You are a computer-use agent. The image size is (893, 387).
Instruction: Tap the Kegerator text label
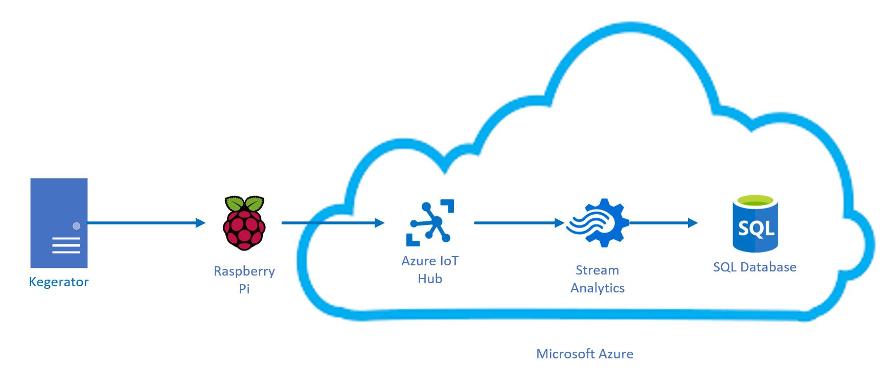coord(59,282)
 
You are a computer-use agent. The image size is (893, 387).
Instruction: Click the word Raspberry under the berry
coord(244,271)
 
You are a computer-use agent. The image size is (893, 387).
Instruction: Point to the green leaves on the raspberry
coord(244,203)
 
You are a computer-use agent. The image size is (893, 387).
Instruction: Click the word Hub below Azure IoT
coord(430,279)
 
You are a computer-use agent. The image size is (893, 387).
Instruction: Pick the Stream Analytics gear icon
coord(598,223)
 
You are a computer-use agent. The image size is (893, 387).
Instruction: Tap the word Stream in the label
coord(597,270)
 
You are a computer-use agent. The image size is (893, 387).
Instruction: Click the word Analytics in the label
coord(598,288)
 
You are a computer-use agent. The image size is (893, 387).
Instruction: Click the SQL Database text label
coord(754,267)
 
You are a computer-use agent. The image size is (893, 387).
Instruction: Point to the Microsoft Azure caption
coord(585,354)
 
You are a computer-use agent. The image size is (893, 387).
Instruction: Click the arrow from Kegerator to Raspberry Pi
coord(146,223)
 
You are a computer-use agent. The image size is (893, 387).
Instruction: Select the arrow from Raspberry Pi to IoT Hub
coord(332,223)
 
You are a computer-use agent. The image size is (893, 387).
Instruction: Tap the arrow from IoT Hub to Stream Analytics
coord(518,223)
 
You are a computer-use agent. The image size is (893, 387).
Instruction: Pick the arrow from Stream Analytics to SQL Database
coord(663,223)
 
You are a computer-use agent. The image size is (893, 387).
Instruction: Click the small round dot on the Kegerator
coord(77,226)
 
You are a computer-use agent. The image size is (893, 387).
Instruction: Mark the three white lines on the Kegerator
coord(66,245)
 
